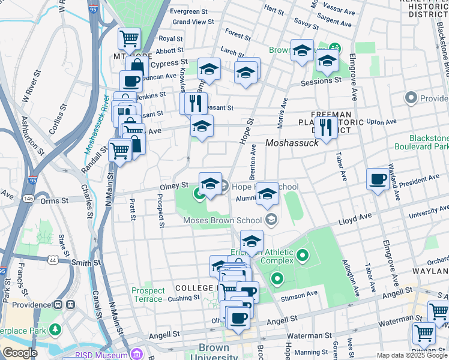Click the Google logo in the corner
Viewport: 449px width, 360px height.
(x=19, y=353)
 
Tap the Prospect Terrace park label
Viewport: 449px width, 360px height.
(x=148, y=295)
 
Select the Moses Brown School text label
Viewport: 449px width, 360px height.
(x=223, y=220)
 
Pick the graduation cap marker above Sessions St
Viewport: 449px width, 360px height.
(x=327, y=60)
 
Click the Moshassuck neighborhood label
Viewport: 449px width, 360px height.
(x=291, y=143)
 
